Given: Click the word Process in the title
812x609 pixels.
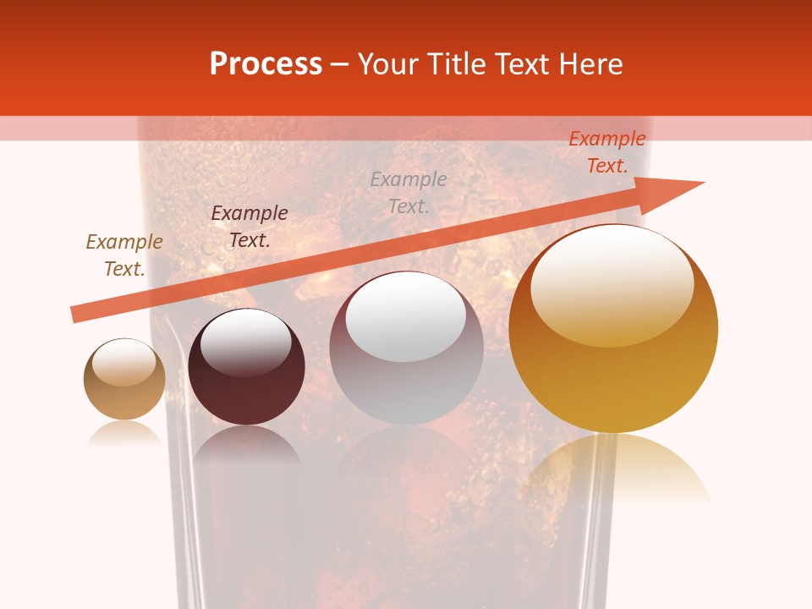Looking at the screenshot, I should click(266, 64).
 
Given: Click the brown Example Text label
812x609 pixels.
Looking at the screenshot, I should click(124, 255).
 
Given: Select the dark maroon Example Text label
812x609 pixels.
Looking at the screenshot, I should click(250, 227).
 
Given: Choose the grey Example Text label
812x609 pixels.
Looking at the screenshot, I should click(409, 193).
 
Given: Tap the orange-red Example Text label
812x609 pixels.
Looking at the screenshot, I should click(607, 152).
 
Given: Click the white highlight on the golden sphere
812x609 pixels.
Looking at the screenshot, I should click(612, 283).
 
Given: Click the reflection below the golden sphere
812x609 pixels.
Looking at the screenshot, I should click(614, 469).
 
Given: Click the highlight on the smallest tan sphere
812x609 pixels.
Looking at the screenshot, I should click(124, 362).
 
